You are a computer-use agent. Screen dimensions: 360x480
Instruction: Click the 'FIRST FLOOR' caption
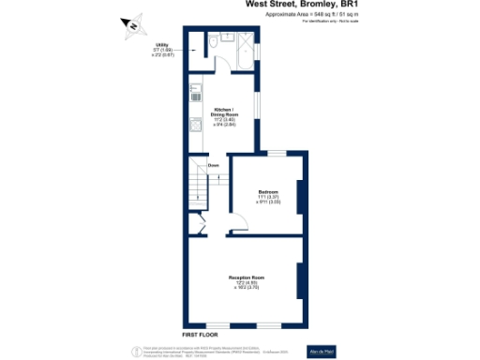point(200,335)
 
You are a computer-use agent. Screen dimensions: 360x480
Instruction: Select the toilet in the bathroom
point(215,42)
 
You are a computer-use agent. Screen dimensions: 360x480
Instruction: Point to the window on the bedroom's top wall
point(277,152)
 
